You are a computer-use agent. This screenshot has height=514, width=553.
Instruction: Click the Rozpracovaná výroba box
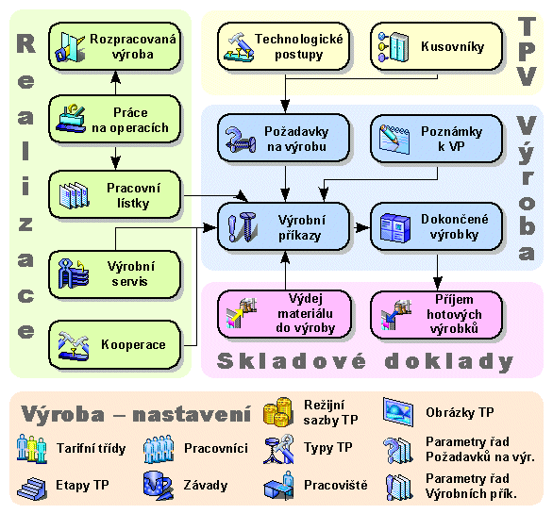114,46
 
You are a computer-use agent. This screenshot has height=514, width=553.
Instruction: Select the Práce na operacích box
114,119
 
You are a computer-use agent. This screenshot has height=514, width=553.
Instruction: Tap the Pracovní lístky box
114,194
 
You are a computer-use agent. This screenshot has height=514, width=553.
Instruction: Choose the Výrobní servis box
114,274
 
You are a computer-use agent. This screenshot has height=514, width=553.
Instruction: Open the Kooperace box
114,344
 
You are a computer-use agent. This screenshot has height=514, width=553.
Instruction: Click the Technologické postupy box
283,46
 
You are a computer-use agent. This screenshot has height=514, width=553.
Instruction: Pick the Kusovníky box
437,46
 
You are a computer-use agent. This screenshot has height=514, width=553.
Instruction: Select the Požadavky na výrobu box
283,138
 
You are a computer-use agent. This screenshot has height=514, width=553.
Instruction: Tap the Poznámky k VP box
437,138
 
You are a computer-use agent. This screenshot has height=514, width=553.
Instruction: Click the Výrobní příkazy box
283,226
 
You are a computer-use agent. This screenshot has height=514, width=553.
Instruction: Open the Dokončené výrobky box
437,226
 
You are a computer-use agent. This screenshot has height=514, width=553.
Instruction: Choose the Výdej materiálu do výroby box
284,314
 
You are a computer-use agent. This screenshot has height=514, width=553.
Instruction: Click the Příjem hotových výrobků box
437,314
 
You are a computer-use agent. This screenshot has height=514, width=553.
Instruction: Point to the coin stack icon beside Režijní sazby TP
277,412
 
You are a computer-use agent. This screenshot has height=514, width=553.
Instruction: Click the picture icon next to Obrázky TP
398,412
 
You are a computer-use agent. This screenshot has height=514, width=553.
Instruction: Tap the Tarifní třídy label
91,448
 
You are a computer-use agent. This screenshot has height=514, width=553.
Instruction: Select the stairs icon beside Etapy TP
32,489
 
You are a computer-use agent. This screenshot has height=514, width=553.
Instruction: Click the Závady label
206,486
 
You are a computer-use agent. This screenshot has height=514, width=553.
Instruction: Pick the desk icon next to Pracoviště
279,486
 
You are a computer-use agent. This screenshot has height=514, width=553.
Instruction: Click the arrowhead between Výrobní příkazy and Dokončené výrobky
362,227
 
